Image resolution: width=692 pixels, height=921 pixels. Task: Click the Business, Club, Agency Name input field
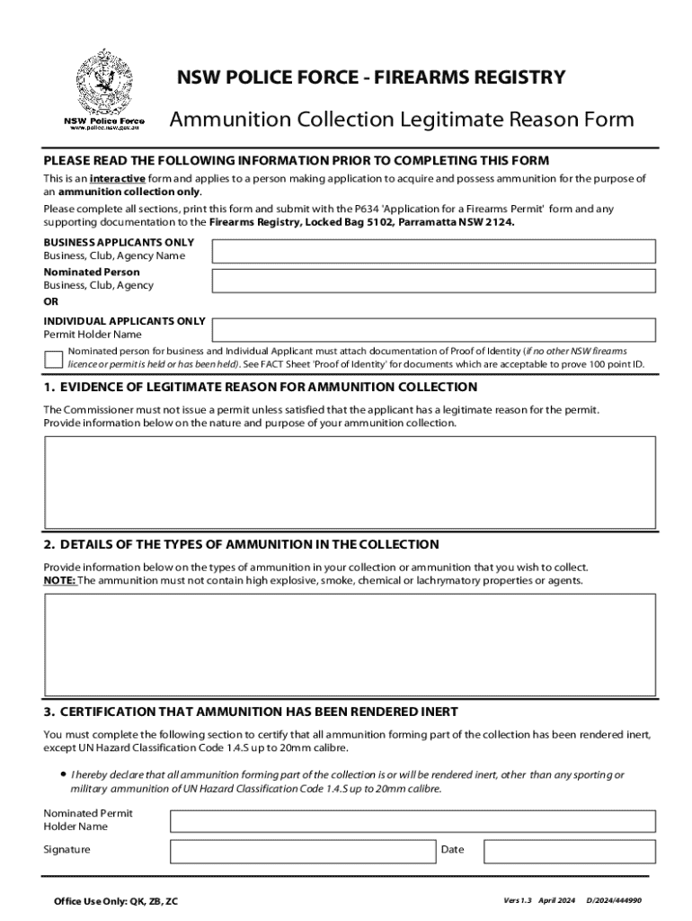coord(433,250)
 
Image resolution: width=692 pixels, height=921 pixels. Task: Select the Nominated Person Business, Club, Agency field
coord(433,279)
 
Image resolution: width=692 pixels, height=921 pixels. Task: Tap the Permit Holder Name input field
coord(433,330)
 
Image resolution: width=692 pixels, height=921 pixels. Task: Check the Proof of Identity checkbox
coord(53,358)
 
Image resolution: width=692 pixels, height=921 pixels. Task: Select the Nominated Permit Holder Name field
coord(413,820)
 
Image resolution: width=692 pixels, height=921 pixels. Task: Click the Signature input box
coord(303,851)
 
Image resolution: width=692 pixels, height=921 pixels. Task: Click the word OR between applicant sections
coord(51,302)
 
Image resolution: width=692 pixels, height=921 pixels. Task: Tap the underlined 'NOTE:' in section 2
coord(60,581)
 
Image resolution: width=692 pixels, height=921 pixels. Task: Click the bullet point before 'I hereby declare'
coord(63,773)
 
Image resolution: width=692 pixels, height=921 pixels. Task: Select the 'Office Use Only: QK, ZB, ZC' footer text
coord(116,900)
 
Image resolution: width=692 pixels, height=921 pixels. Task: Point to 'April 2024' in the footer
coord(556,899)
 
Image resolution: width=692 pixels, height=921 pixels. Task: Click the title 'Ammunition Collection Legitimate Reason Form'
coord(402,120)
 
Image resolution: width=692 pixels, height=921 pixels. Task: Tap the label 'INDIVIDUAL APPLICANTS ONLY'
coord(124,320)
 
